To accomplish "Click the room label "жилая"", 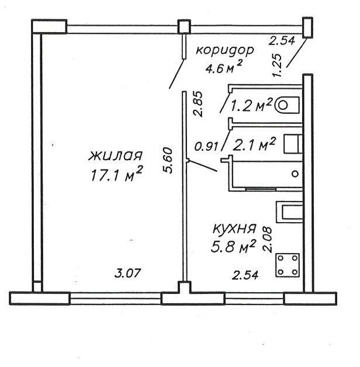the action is tap(115, 156).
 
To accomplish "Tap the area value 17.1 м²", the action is tap(116, 174).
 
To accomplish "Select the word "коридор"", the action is tap(225, 51).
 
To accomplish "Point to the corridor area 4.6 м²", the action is tap(223, 67).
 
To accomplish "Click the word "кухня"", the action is tap(234, 229).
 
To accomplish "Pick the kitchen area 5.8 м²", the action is tap(233, 246).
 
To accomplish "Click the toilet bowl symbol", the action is tap(287, 105).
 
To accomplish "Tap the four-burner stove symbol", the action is tap(288, 265).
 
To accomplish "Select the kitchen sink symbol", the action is tap(290, 213).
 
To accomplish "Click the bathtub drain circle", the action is tap(295, 174).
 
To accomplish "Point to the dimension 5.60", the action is tap(168, 160).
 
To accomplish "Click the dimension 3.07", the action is tap(128, 273).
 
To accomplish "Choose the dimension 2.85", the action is tap(198, 103).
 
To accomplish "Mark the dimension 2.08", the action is tap(267, 240).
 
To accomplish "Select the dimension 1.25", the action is tap(277, 65).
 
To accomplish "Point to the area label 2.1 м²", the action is tap(254, 144).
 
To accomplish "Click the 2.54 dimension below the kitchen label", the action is tap(245, 275).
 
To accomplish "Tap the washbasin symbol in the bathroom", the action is tap(293, 144).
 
